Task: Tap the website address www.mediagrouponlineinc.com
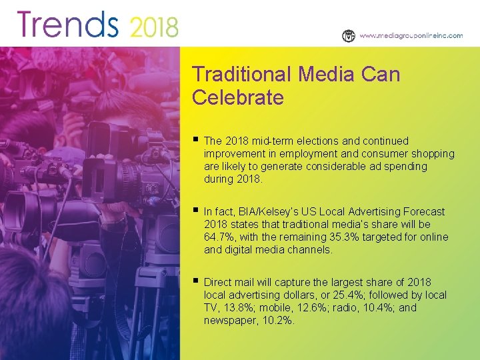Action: tap(411, 36)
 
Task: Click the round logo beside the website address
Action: tap(349, 36)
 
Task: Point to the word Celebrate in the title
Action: tap(238, 98)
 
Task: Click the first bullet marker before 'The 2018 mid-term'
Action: tap(195, 140)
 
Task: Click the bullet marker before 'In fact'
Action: tap(195, 211)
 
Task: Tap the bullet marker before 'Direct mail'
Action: tap(195, 281)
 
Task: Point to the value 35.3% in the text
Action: tap(345, 237)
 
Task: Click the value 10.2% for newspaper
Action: tap(277, 320)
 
